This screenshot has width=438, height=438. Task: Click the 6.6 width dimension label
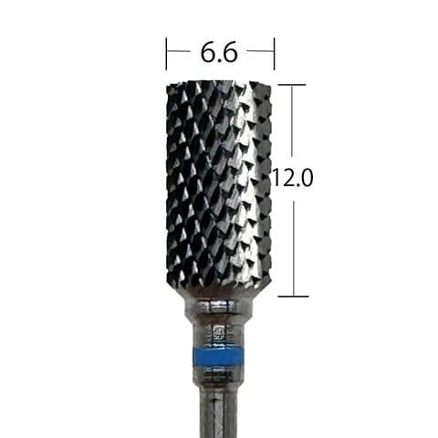[x=219, y=52]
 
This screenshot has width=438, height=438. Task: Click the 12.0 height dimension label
[x=292, y=178]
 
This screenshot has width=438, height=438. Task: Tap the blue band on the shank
[x=219, y=356]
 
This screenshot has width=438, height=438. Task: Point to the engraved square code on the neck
[x=219, y=333]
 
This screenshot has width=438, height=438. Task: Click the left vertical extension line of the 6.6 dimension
[x=166, y=54]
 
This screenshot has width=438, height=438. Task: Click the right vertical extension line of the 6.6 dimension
[x=274, y=54]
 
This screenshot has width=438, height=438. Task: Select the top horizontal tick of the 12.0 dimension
[x=292, y=85]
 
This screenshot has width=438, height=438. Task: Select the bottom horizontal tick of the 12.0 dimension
[x=294, y=296]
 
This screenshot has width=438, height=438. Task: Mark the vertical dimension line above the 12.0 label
[x=293, y=121]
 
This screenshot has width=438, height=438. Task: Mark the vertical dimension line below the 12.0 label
[x=294, y=248]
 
